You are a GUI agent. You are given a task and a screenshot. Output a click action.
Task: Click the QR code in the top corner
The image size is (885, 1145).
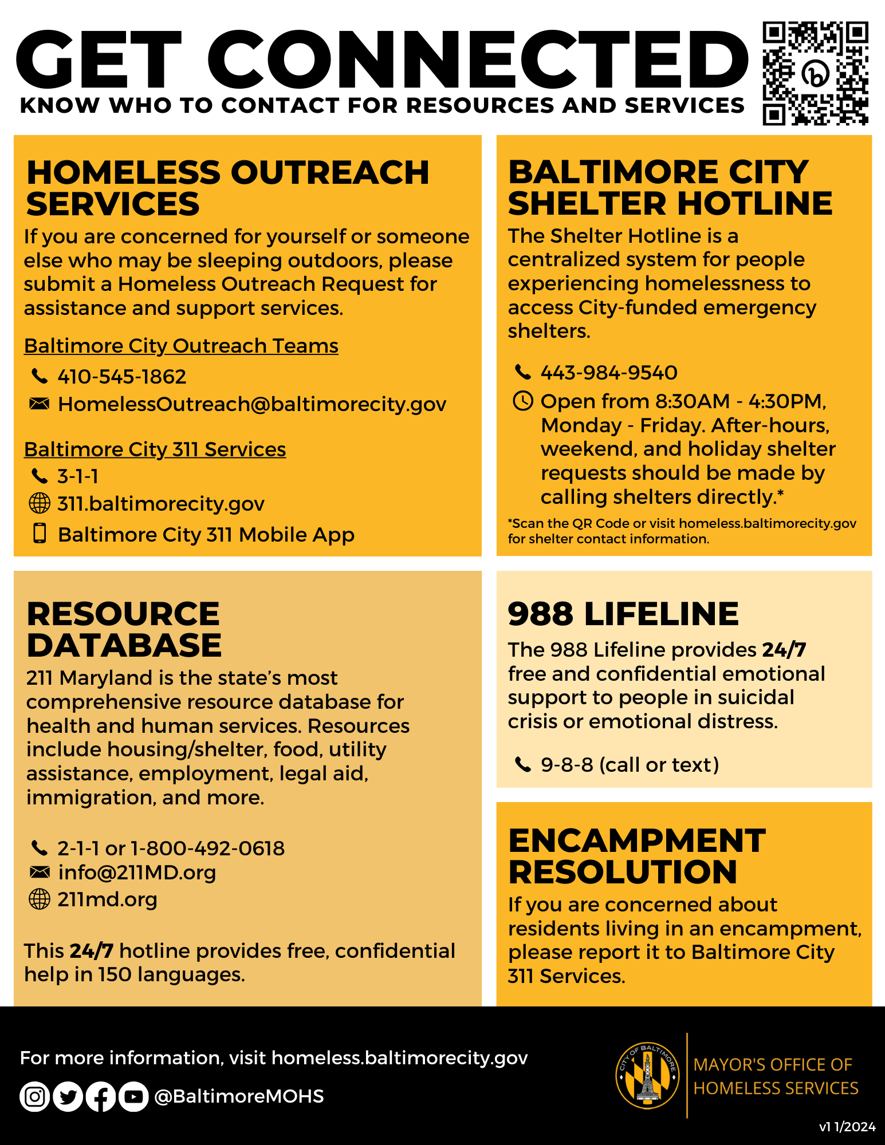point(815,73)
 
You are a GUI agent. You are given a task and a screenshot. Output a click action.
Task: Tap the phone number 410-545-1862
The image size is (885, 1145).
point(121,377)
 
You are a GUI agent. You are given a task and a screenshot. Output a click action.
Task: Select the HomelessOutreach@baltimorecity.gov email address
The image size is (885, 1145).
point(252,404)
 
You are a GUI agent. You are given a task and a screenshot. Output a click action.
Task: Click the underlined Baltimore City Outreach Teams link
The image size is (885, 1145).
point(181,346)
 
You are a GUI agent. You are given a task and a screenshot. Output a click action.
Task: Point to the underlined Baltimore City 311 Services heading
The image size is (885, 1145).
point(155,449)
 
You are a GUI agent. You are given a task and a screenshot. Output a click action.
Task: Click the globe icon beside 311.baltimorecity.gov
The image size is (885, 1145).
point(40,504)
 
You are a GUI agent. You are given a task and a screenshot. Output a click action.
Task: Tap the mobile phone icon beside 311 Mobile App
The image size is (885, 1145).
point(40,533)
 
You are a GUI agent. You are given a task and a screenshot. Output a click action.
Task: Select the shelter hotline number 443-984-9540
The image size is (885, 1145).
point(609,373)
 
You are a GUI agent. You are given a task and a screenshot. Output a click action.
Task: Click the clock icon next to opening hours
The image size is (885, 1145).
point(522,401)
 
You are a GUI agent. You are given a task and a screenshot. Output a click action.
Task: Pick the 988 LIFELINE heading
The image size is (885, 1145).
point(623,614)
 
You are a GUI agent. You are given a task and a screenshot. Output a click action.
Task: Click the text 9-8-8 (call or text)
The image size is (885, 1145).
point(630,765)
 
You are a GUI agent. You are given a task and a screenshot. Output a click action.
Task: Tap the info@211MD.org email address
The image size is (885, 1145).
point(137,872)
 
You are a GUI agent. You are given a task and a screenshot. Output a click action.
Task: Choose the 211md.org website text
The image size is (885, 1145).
point(107,899)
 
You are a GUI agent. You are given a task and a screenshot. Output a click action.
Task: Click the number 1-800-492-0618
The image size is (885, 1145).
point(207,848)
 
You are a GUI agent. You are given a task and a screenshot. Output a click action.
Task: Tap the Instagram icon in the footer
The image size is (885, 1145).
point(35,1097)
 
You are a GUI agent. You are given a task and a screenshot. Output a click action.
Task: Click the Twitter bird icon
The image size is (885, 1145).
point(68,1097)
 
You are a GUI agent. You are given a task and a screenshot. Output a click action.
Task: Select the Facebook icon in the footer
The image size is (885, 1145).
point(101,1097)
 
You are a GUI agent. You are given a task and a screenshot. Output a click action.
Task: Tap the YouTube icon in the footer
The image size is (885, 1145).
point(133,1097)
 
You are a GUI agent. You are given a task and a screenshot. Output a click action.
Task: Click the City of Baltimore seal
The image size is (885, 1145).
point(648,1075)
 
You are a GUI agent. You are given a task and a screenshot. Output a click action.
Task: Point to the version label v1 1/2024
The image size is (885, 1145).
point(847,1127)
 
